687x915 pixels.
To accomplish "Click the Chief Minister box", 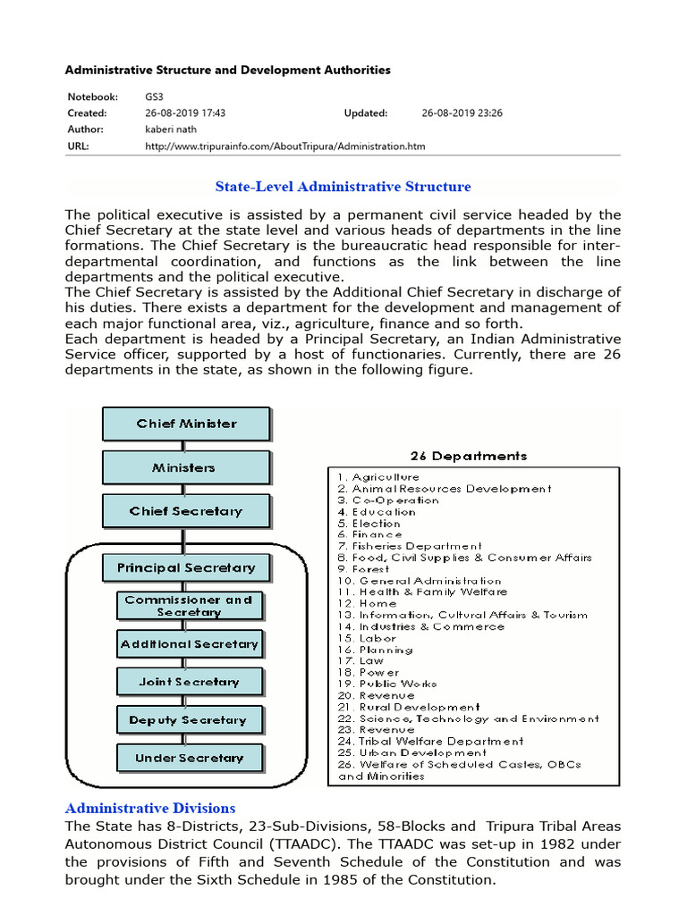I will tap(186, 424).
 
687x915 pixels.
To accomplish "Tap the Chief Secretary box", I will tap(186, 511).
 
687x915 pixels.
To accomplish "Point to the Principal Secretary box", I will tap(186, 567).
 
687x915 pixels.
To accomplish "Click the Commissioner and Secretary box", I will tap(189, 606).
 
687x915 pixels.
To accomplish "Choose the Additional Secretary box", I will tap(189, 643).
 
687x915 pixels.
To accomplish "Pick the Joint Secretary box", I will tap(189, 682).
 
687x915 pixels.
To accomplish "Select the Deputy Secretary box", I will tap(189, 720).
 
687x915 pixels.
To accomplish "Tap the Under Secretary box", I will tap(189, 759).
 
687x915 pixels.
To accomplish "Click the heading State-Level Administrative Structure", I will tap(343, 187).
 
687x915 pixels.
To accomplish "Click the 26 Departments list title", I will tap(468, 456).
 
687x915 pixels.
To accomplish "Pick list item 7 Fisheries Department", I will tap(410, 546).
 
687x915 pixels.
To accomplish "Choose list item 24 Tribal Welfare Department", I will tap(430, 742).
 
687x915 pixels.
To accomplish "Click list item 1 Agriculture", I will tap(377, 477).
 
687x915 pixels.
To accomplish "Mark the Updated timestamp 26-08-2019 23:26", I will tap(462, 113).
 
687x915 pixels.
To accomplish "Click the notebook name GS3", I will tap(155, 97).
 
